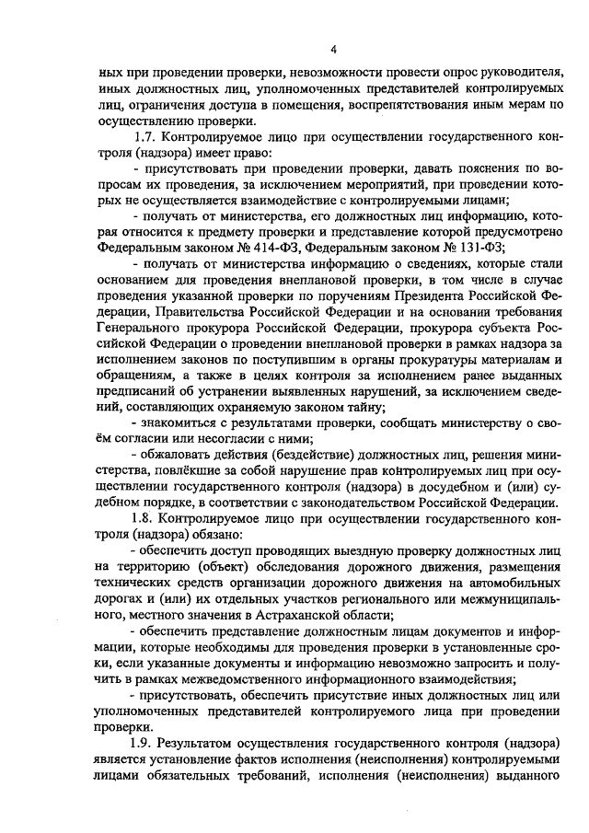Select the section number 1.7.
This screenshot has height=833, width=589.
tap(146, 137)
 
